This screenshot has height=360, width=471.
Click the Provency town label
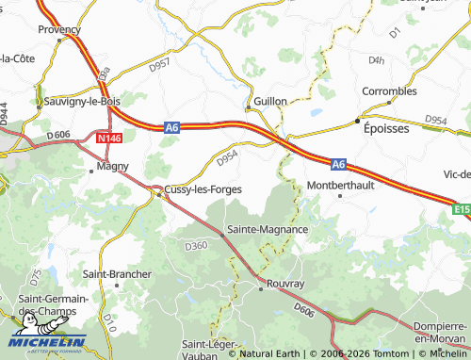click(x=58, y=30)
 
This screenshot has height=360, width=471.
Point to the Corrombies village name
click(x=389, y=91)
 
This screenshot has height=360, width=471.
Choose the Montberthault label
click(x=341, y=184)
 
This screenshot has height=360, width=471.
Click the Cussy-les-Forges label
click(x=203, y=189)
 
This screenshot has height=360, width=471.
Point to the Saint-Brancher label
click(x=117, y=274)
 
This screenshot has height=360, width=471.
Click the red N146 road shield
click(x=106, y=138)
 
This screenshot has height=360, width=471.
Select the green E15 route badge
click(x=460, y=210)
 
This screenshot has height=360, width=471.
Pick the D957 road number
click(x=159, y=64)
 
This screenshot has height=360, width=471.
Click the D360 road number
click(x=196, y=246)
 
